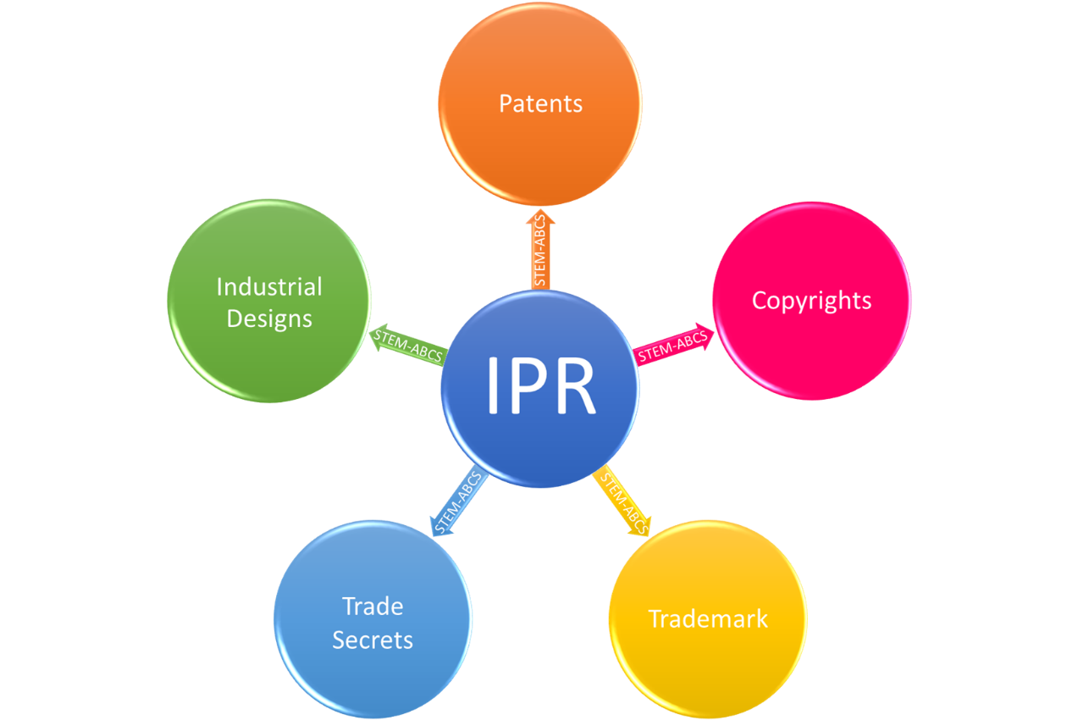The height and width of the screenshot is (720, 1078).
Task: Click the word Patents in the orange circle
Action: [x=540, y=104]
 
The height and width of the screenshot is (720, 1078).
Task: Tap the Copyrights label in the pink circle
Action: [x=811, y=301]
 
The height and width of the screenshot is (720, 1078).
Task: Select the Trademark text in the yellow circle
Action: [x=708, y=619]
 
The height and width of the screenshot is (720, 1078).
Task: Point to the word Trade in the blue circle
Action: [x=373, y=606]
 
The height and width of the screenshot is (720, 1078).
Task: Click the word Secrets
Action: [x=373, y=640]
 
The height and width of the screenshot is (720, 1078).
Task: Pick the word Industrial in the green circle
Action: [x=269, y=287]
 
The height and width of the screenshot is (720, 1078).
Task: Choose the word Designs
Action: [x=269, y=319]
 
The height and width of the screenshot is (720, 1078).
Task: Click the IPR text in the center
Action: [x=540, y=386]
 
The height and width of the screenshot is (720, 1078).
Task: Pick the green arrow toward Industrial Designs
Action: [x=406, y=344]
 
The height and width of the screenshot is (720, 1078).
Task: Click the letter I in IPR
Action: [x=494, y=386]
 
